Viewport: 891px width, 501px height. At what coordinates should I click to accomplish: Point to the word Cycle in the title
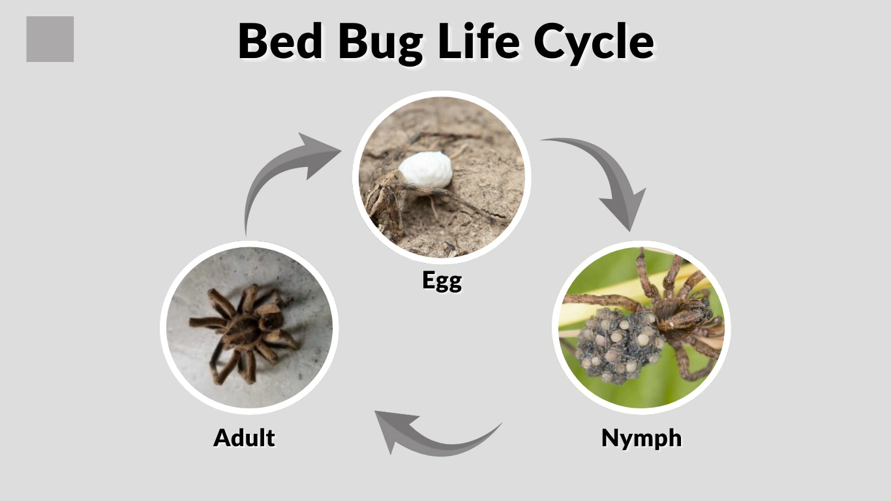pos(593,42)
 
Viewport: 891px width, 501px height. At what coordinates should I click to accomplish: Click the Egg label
pos(442,281)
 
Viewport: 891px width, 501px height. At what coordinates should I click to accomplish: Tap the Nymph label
pos(641,438)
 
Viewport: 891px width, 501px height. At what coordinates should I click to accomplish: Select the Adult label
pos(244,437)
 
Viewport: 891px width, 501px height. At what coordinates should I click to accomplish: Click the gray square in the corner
pos(50,39)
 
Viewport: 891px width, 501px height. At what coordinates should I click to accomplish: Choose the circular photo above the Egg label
pos(442,176)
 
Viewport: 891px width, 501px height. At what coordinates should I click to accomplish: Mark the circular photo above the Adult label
pos(249,327)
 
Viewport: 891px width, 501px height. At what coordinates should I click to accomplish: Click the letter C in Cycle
pos(550,42)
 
